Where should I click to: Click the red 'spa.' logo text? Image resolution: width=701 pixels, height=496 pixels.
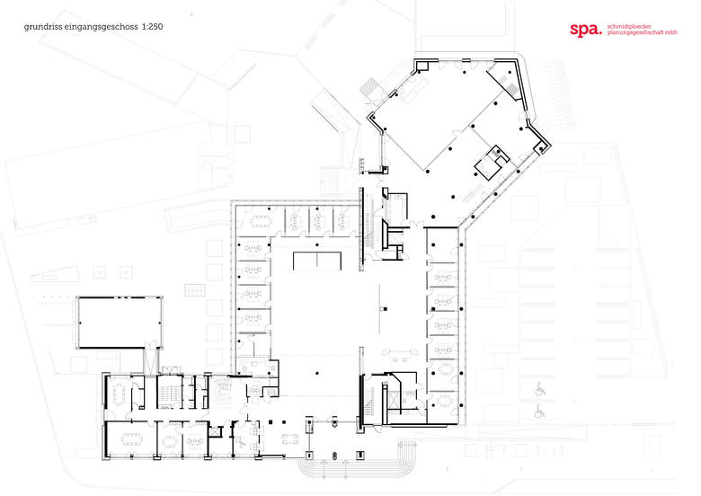(586, 31)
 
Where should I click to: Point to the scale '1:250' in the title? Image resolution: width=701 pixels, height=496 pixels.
(152, 26)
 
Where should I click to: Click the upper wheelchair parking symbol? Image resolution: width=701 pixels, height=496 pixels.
(540, 390)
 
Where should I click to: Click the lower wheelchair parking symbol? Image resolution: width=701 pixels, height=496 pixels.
(540, 411)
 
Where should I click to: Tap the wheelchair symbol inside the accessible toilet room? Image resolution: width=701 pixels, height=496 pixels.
(242, 442)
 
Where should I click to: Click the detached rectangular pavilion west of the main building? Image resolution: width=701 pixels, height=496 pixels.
(120, 323)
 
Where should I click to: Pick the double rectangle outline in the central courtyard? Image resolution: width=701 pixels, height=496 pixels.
(317, 261)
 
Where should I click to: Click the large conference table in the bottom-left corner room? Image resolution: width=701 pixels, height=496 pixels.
(130, 438)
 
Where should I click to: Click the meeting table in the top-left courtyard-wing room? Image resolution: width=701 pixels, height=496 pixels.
(262, 220)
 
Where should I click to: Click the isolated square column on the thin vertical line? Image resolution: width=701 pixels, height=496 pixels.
(385, 308)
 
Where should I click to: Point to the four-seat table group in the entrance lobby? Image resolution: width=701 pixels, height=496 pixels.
(289, 438)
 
